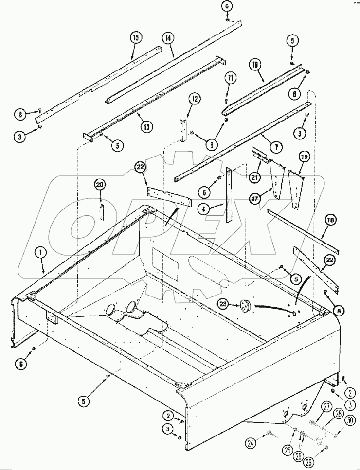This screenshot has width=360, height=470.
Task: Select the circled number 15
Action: tap(136, 37)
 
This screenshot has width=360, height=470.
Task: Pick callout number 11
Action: tap(231, 78)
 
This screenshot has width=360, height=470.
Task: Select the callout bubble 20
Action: tap(100, 184)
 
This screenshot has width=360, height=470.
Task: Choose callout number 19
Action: tap(304, 157)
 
